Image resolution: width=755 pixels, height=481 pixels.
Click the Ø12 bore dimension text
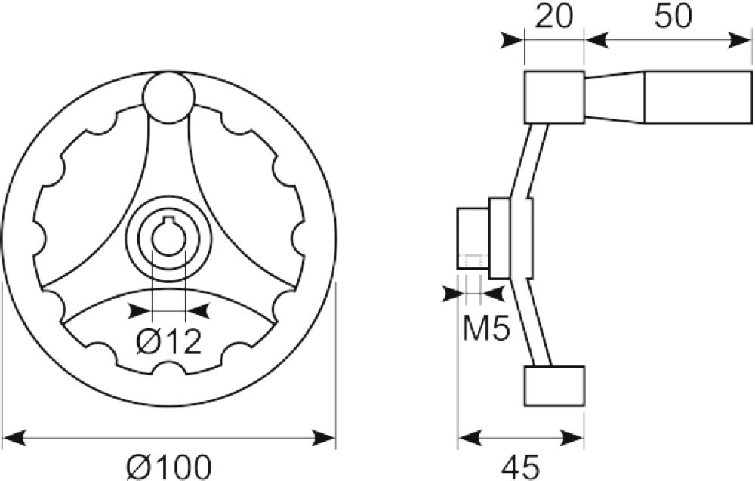(x=168, y=342)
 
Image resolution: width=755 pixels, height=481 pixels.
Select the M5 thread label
(x=485, y=328)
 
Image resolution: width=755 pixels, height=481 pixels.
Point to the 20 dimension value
(x=554, y=16)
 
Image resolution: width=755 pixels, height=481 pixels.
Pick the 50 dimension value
(x=673, y=16)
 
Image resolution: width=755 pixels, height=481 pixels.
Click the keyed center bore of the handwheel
(x=168, y=236)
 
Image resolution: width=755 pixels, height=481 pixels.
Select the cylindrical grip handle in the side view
(x=698, y=97)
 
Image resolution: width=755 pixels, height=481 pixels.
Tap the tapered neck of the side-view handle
(x=615, y=97)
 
